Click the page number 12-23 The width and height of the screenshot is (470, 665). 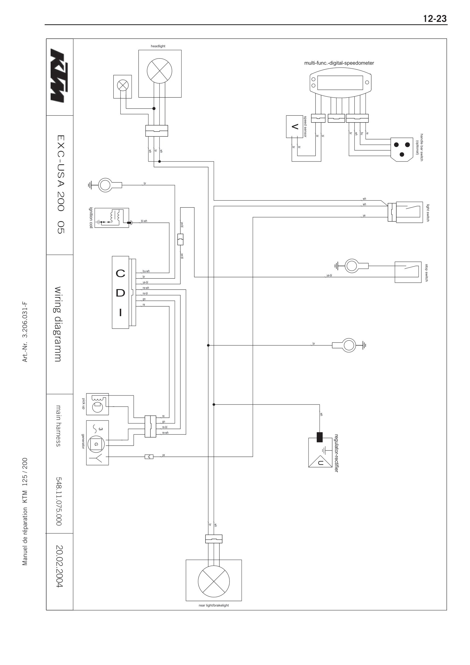tap(435, 19)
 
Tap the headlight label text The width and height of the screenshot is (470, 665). tap(158, 46)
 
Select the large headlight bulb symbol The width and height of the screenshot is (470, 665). tap(159, 71)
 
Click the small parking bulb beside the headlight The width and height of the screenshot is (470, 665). tap(123, 86)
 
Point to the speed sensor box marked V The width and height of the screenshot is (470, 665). tap(295, 127)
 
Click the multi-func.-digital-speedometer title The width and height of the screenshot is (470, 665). tap(339, 63)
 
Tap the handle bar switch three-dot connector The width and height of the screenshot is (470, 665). tap(402, 149)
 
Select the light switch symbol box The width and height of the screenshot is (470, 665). tap(409, 212)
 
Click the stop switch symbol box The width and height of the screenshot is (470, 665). tap(408, 272)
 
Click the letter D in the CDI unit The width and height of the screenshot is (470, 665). tap(121, 293)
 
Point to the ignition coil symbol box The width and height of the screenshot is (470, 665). tap(112, 218)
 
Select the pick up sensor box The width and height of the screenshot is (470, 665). tap(97, 404)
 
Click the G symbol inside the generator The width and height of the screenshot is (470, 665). tap(96, 444)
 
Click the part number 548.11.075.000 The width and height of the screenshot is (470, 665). tap(59, 501)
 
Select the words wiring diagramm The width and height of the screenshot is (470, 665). tap(58, 324)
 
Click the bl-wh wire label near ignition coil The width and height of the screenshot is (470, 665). tap(144, 221)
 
